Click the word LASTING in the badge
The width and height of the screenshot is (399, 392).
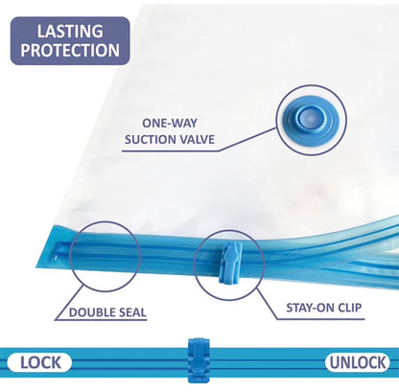click(x=70, y=32)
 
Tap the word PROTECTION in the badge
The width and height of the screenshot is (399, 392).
click(x=70, y=50)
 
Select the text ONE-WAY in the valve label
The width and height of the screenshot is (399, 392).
click(x=170, y=123)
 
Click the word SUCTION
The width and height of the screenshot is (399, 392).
click(x=151, y=140)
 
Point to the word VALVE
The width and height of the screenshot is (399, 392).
click(x=197, y=140)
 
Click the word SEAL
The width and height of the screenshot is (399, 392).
click(x=132, y=312)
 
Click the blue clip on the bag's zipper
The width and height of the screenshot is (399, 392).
click(x=230, y=263)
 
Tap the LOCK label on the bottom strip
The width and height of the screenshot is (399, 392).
click(x=40, y=362)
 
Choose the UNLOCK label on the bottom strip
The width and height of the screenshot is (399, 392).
click(x=358, y=362)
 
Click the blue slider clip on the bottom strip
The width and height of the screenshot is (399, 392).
click(x=199, y=359)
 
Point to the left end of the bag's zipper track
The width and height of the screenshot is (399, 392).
click(x=57, y=252)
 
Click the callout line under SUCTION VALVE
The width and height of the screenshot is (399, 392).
click(x=199, y=143)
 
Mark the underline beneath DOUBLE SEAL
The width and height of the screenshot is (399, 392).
click(x=101, y=320)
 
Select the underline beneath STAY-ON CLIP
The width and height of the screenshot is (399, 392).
click(x=320, y=318)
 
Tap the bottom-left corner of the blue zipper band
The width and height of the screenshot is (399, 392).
click(x=35, y=267)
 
